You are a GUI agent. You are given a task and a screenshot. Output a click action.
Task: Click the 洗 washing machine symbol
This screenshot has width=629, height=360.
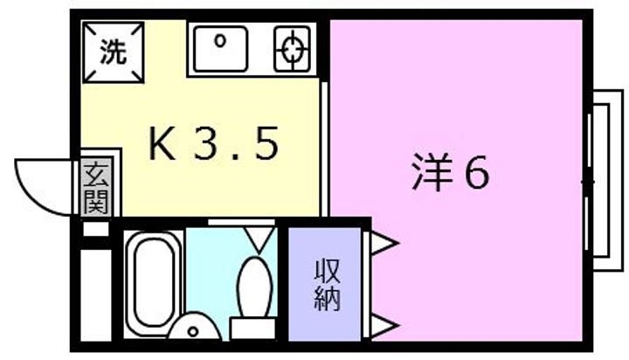tap(112, 52)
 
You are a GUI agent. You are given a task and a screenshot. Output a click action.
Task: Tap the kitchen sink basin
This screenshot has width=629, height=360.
tap(221, 48)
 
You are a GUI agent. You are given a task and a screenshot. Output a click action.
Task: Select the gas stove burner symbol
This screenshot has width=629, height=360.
tap(291, 48)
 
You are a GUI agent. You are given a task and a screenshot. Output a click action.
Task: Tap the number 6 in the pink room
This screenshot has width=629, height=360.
tap(475, 174)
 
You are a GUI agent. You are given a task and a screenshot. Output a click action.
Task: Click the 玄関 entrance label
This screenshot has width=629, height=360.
tap(95, 189)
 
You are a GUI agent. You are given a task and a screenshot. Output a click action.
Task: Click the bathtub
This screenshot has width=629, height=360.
tap(152, 281)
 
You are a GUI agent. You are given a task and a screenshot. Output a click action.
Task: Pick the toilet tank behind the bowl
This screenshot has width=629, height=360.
tap(253, 329)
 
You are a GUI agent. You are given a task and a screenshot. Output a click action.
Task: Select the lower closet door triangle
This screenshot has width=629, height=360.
tap(382, 327)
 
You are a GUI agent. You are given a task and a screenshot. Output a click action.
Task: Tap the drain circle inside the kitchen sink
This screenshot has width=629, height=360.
tap(220, 40)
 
